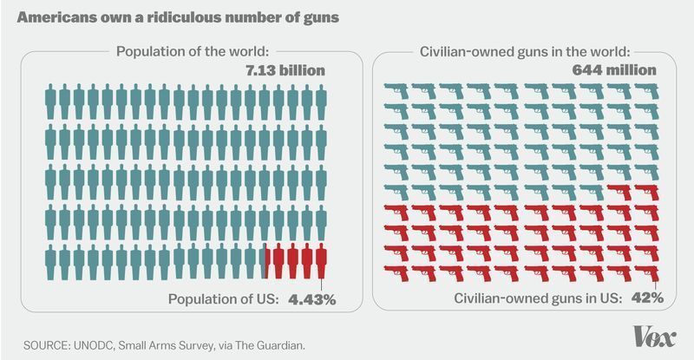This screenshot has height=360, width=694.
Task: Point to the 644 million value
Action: (x=617, y=69)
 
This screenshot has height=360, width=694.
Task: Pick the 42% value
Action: (x=646, y=298)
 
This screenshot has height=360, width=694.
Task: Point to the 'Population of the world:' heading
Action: (x=196, y=50)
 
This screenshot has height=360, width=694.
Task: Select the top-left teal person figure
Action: (x=51, y=99)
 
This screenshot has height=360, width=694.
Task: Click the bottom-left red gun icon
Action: (x=396, y=273)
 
